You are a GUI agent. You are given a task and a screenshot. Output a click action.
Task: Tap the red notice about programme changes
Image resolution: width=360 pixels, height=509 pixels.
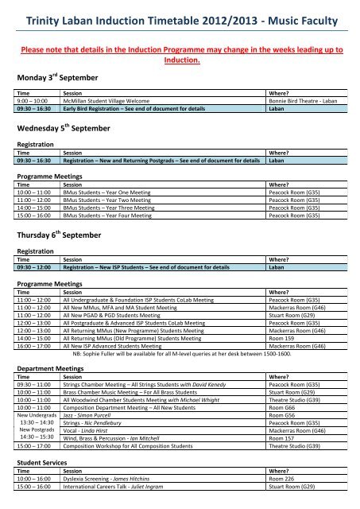[180, 54]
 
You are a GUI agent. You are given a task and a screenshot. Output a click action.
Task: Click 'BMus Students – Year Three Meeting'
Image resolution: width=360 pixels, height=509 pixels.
[114, 206]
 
